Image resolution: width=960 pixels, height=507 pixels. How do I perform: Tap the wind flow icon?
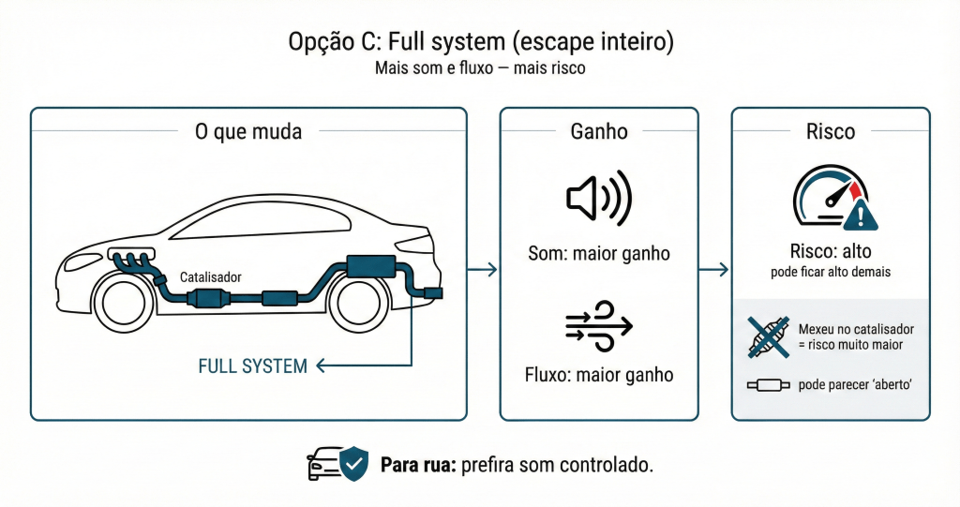coord(598,325)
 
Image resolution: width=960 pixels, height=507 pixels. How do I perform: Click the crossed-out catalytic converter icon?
coord(769,337)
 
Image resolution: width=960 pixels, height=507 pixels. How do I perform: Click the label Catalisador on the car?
coord(210,277)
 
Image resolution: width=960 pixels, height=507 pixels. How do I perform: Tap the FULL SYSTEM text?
coord(253,366)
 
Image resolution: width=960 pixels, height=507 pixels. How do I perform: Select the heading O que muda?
coord(248,131)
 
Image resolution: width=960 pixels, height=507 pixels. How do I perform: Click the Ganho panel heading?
coord(599,131)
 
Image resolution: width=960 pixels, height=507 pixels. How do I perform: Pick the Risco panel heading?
coord(831,131)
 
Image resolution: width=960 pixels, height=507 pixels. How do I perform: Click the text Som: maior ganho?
coord(598,253)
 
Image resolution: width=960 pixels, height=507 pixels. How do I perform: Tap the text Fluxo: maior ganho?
coord(598,375)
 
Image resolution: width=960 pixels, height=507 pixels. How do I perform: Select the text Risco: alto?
coord(831,251)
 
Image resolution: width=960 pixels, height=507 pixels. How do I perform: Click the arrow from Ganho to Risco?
coord(714,270)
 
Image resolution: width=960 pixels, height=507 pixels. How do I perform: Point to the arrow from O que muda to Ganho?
coord(482,270)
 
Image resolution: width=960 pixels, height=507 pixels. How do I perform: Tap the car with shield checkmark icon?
coord(337,464)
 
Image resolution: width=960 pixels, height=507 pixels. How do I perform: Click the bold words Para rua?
coord(417,465)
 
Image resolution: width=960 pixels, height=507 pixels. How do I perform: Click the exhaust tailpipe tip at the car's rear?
coord(434,293)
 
